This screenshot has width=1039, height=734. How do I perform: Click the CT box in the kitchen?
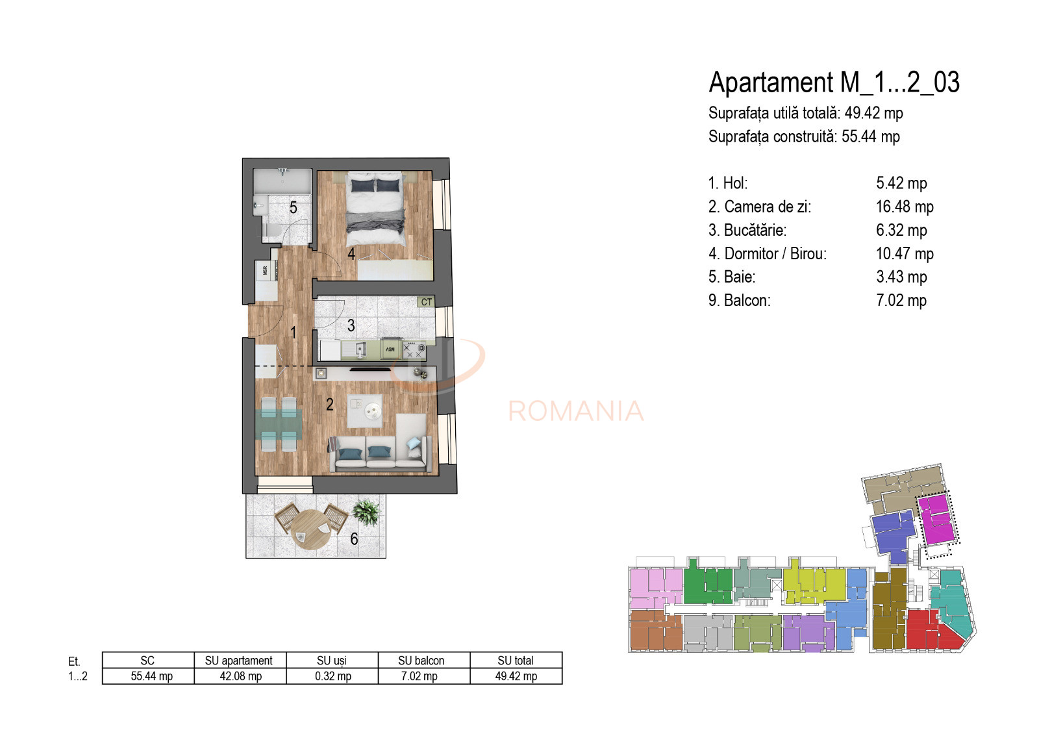click(x=426, y=302)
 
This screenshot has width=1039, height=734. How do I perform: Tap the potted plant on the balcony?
click(x=366, y=512)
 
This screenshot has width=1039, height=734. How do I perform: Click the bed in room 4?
click(x=376, y=208)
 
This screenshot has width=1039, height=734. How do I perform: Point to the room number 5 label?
click(x=294, y=208)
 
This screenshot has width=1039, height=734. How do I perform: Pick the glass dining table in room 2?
click(x=279, y=425)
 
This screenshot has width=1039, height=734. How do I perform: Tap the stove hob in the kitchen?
click(x=414, y=350)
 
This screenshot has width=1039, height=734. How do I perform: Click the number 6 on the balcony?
click(x=354, y=539)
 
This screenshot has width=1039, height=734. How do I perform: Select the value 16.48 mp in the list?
click(x=904, y=207)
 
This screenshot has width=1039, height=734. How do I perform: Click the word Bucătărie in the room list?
click(x=755, y=231)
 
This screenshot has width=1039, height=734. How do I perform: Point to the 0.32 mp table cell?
click(x=332, y=676)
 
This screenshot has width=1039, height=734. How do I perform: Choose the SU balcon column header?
click(x=421, y=661)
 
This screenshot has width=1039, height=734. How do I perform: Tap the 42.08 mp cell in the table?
click(x=240, y=676)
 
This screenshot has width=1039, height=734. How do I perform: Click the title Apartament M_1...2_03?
click(x=834, y=83)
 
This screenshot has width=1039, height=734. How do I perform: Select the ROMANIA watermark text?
click(x=575, y=411)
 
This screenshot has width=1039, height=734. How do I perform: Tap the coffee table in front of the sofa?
click(x=364, y=411)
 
